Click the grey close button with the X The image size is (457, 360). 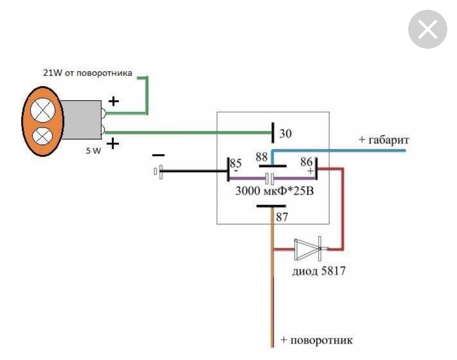point(427,29)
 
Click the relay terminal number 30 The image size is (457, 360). point(285,134)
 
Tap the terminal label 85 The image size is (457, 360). point(236,163)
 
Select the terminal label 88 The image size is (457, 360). point(261,156)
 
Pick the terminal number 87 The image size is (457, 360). point(282,217)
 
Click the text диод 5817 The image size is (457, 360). point(319,271)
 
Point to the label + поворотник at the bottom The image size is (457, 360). point(316,340)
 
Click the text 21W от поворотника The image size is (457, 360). point(88,74)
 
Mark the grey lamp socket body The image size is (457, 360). point(81,119)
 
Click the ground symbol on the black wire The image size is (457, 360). point(160,172)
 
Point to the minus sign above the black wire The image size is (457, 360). point(158,155)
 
